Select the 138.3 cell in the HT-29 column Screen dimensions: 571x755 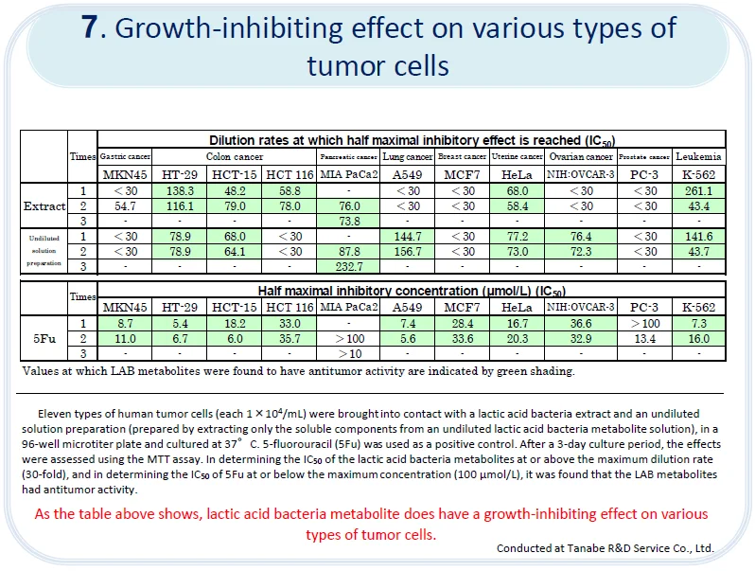[x=179, y=191]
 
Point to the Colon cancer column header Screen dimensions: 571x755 [x=235, y=156]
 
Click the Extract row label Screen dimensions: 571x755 [x=44, y=205]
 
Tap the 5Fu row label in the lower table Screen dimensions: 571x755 [x=44, y=338]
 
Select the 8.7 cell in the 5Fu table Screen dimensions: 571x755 [x=126, y=324]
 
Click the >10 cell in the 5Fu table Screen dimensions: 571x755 [x=349, y=353]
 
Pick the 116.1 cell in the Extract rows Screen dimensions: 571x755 [x=179, y=205]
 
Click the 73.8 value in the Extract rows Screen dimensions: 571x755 [x=349, y=220]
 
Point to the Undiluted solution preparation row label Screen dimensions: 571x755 [x=44, y=250]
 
